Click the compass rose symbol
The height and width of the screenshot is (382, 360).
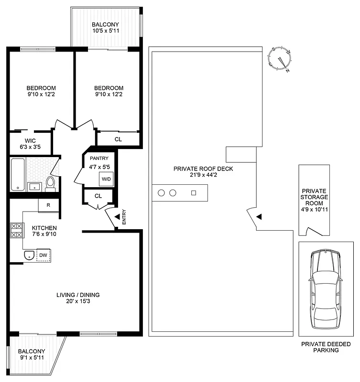[281, 59]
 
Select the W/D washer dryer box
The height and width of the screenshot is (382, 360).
[106, 180]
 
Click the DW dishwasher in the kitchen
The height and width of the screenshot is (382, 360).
[43, 255]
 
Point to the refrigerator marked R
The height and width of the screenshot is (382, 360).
[48, 206]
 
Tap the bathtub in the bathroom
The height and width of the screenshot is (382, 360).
[17, 175]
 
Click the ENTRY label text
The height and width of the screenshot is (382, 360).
[124, 217]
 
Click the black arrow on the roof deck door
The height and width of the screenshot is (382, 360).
[259, 217]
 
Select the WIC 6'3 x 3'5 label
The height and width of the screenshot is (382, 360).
[31, 144]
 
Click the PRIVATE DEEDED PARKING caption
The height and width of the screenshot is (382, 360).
[320, 347]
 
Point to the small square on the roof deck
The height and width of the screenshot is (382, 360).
[194, 193]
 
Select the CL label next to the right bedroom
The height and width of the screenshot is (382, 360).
[118, 139]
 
